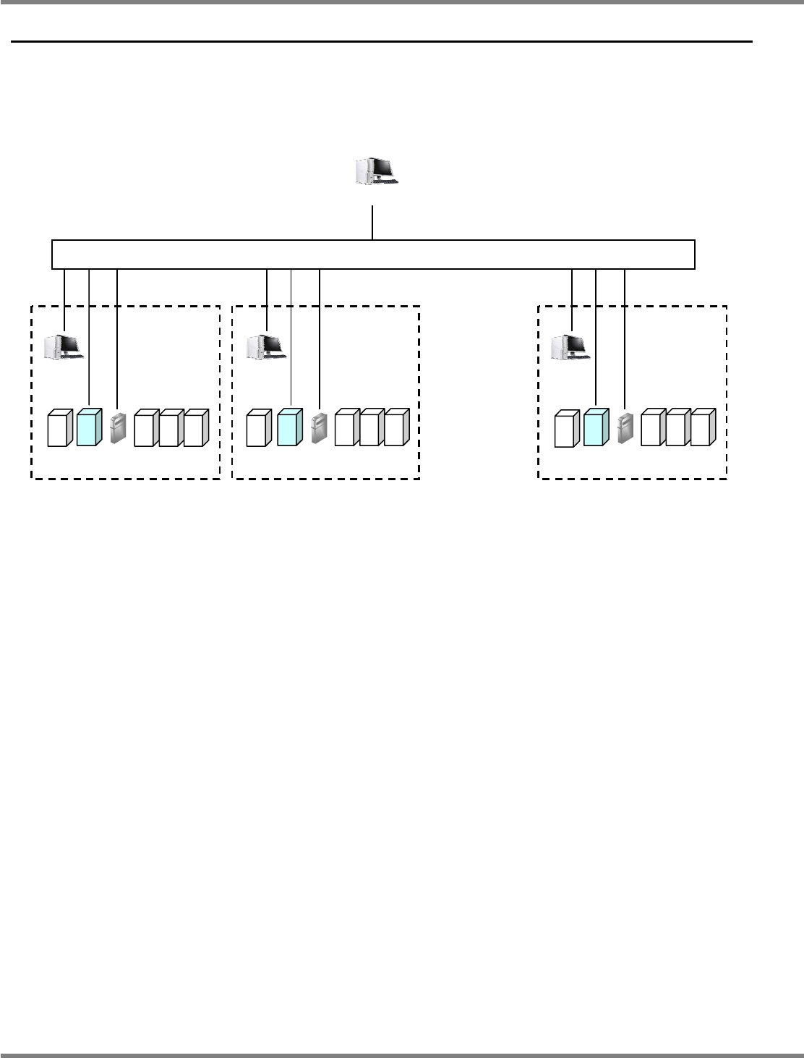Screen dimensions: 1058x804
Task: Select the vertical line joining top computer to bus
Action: [x=372, y=223]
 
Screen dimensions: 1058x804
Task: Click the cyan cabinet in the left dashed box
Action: [x=88, y=427]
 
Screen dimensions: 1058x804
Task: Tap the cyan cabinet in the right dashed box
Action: [x=595, y=427]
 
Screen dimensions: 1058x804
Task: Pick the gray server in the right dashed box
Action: [x=625, y=428]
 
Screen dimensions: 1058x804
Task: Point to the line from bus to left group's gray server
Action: [x=117, y=340]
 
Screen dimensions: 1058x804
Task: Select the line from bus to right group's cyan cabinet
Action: [x=595, y=336]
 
